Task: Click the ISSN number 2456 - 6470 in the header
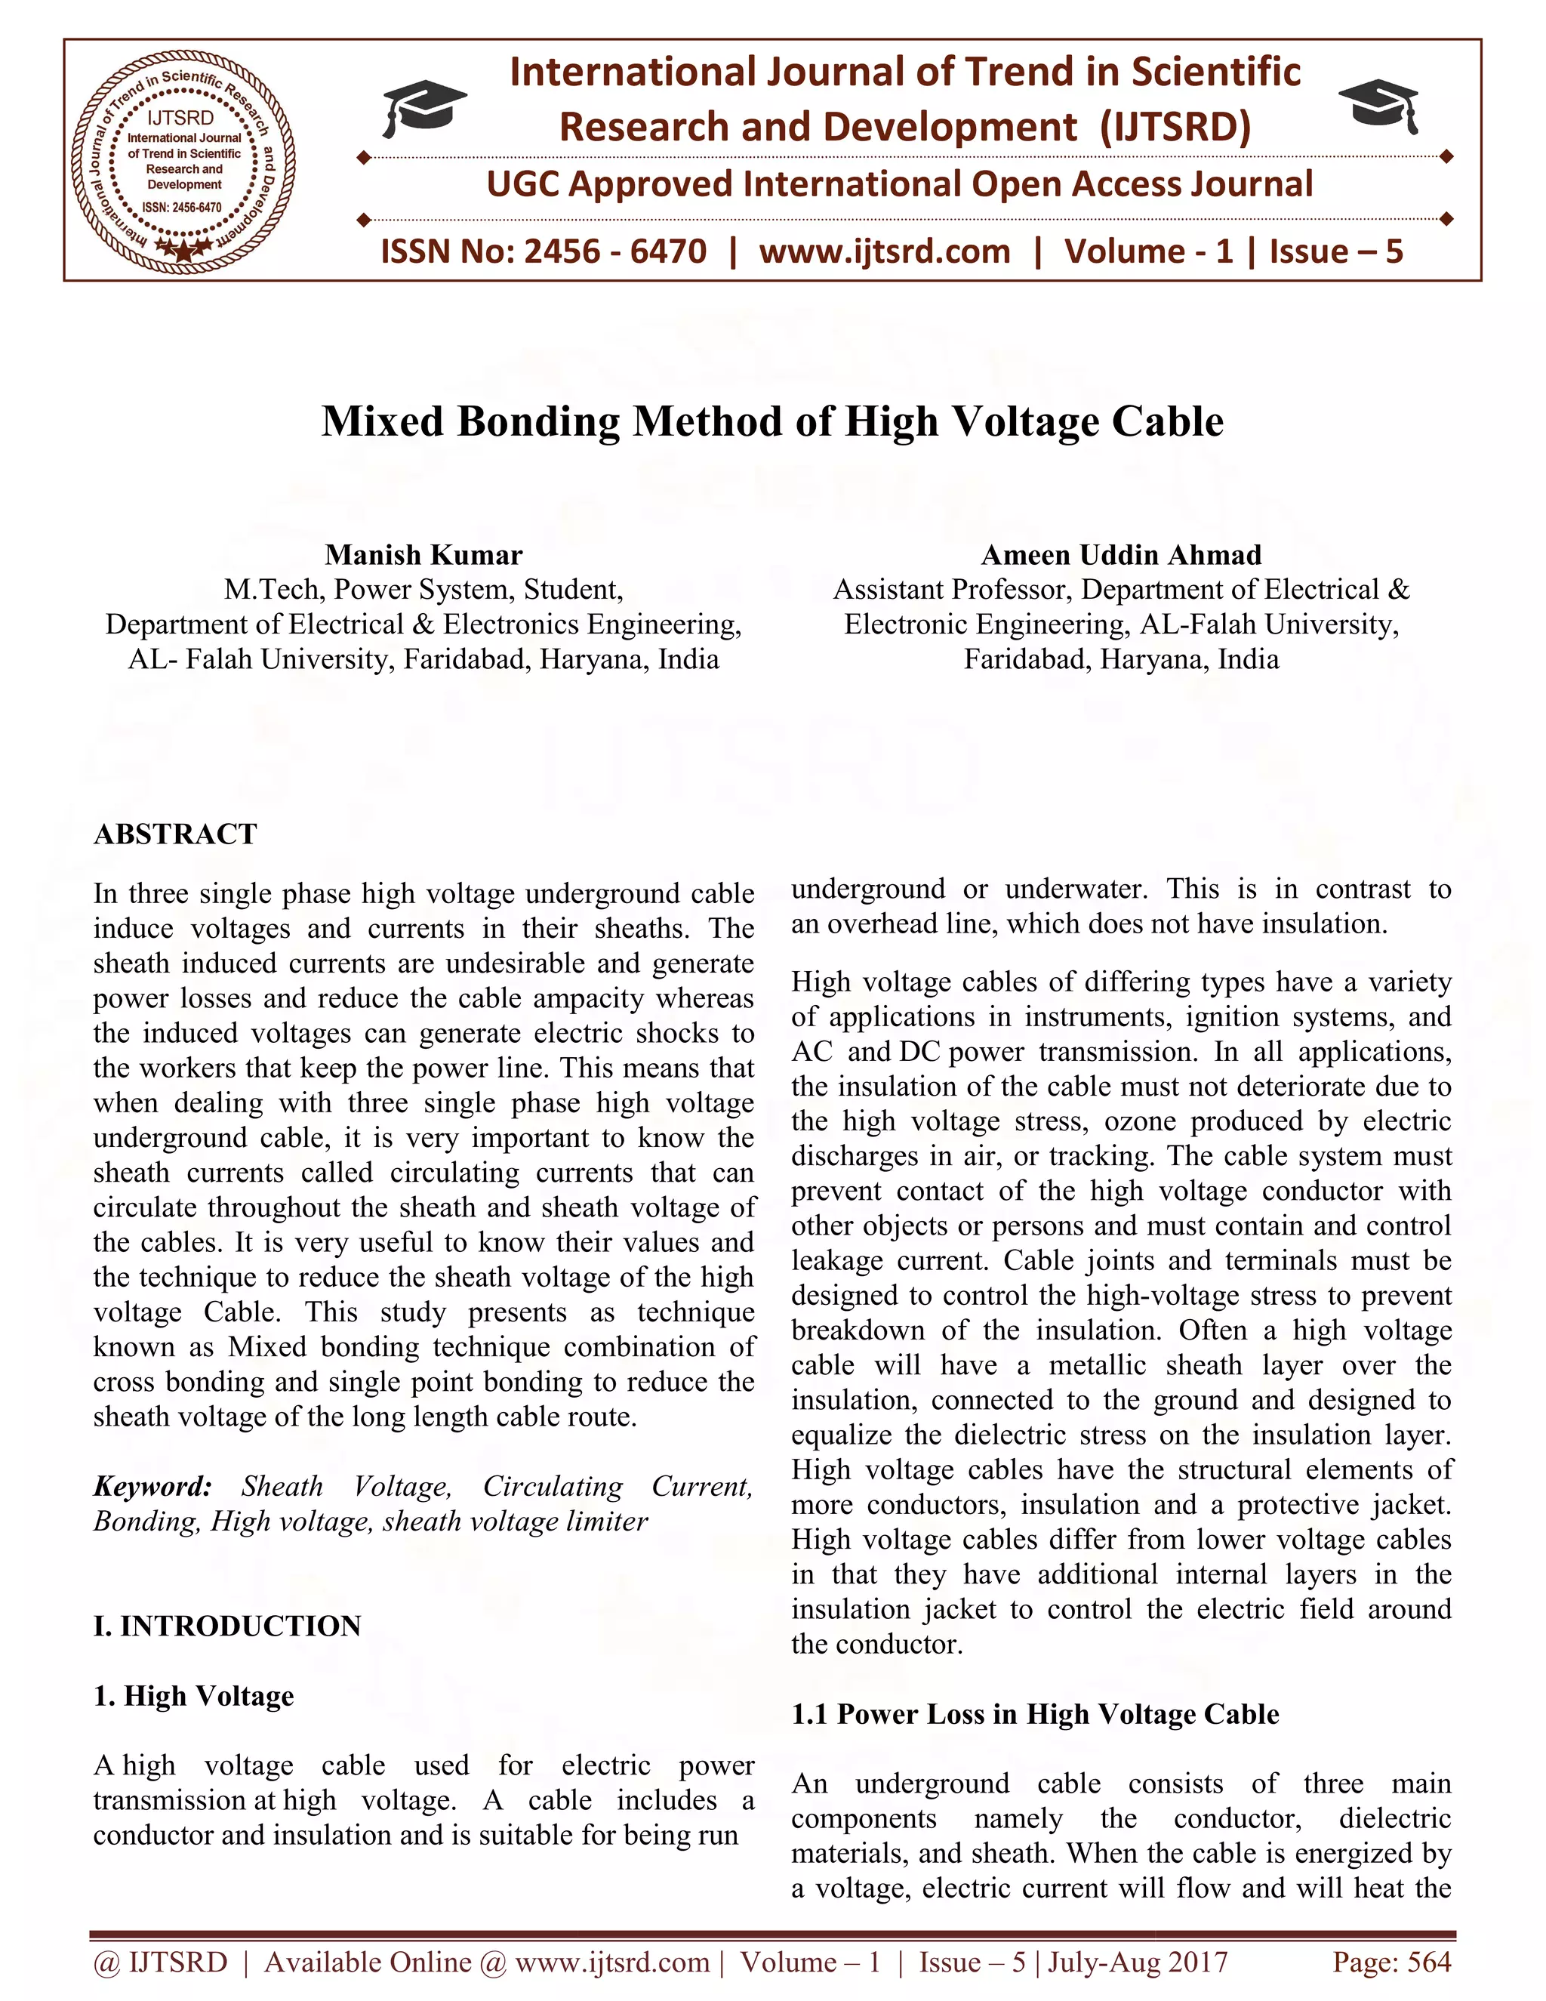[x=615, y=251]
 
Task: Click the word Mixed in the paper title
[x=382, y=422]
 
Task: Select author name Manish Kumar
[x=423, y=555]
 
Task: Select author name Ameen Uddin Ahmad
[x=1121, y=555]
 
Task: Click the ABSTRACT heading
[x=175, y=834]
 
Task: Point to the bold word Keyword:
[x=152, y=1486]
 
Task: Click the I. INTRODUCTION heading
[x=227, y=1626]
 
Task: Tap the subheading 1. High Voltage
[x=193, y=1695]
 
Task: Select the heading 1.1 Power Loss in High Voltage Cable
[x=1035, y=1713]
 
